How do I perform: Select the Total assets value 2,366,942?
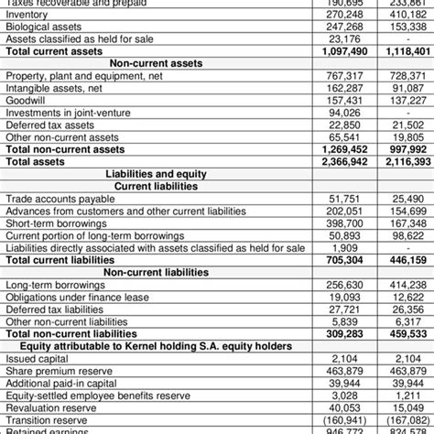(344, 160)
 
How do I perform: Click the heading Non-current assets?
(155, 62)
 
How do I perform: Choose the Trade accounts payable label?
(54, 197)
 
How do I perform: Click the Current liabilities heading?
(157, 185)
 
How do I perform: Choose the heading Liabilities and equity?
(157, 173)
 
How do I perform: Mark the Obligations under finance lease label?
(77, 297)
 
